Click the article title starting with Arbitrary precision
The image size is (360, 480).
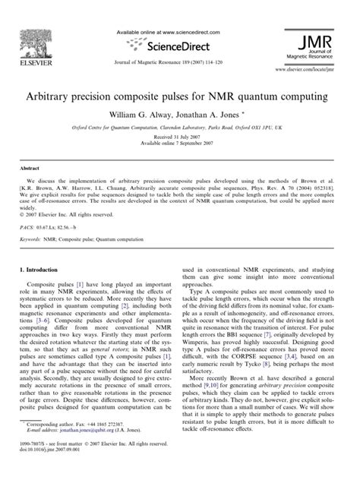[179, 97]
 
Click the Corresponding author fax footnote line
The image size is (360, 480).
[76, 446]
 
